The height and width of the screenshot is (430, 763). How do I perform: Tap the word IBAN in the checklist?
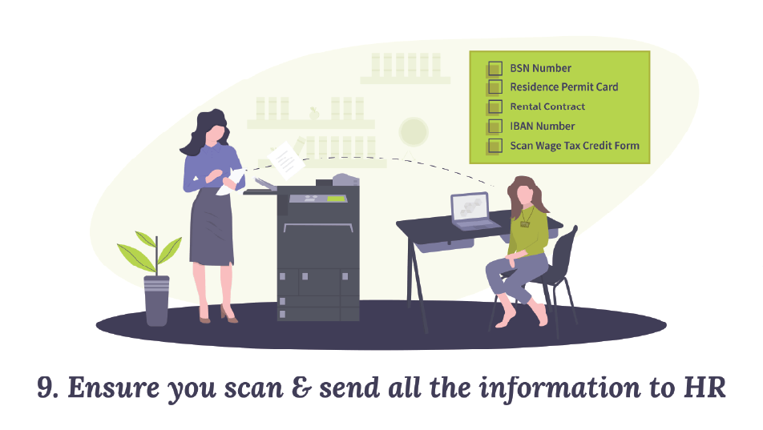click(x=521, y=127)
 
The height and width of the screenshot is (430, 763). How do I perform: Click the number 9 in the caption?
click(x=46, y=388)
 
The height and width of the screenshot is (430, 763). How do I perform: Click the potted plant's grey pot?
click(x=156, y=299)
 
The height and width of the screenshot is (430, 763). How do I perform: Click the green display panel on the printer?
click(x=336, y=198)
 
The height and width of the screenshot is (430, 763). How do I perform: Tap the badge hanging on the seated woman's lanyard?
click(x=525, y=224)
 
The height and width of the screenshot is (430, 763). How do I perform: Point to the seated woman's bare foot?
click(x=504, y=320)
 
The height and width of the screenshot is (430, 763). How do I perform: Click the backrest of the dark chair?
click(x=565, y=248)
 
